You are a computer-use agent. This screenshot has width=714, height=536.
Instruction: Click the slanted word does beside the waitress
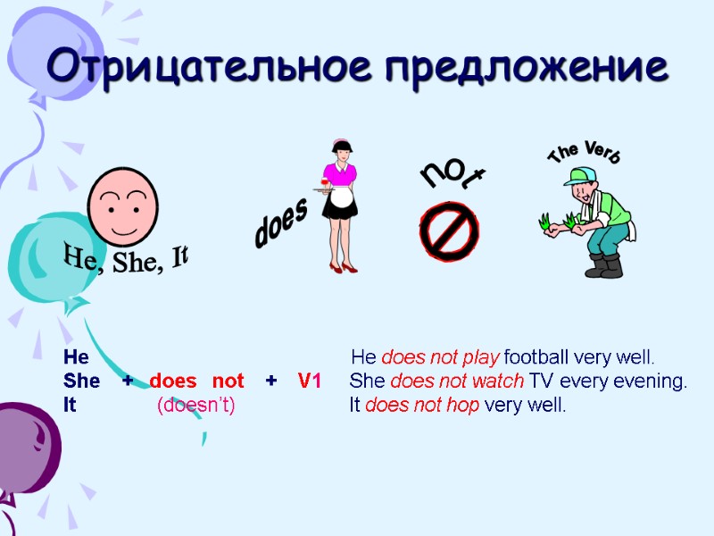click(x=281, y=222)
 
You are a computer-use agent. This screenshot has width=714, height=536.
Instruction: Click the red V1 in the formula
click(x=309, y=381)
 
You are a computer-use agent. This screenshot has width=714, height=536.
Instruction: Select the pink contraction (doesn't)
click(x=195, y=405)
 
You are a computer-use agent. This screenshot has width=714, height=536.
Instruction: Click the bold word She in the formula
click(x=81, y=381)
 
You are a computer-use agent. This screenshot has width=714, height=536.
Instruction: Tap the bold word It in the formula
click(x=71, y=405)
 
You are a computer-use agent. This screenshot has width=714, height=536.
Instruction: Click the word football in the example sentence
click(x=539, y=358)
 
